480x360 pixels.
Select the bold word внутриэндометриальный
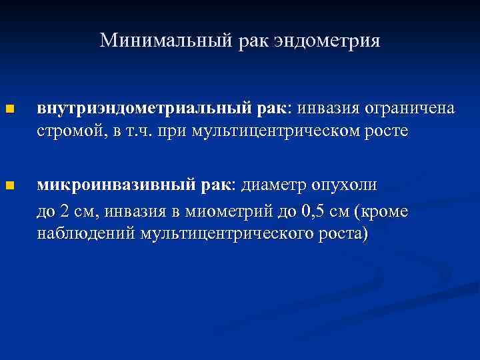click(143, 108)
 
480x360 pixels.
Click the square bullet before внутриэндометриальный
click(9, 109)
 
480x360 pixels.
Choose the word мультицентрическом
click(275, 131)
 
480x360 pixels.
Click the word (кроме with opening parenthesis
click(382, 212)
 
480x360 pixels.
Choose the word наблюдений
click(85, 235)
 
